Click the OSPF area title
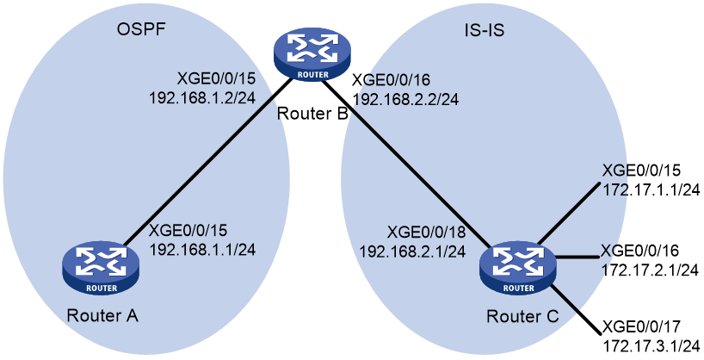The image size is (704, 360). pos(141,29)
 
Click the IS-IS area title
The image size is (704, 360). pos(484,29)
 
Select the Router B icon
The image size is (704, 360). pos(313,56)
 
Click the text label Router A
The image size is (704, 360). pos(102,315)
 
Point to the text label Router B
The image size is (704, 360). pos(312,113)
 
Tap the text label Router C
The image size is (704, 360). pos(523,316)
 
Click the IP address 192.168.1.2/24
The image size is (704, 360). pos(202,97)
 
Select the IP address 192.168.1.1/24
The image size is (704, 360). pos(202,249)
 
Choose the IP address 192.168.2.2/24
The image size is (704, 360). pos(405,99)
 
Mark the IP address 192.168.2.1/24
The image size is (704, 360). pos(411,251)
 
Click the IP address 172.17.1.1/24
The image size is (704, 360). pos(651,189)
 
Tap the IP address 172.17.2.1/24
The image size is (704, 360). pos(649,270)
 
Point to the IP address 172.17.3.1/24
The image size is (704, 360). pos(650,345)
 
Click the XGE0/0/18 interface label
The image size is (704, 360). pos(426,232)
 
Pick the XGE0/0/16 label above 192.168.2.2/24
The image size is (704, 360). pos(392,80)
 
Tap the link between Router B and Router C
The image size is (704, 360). pos(407,163)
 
